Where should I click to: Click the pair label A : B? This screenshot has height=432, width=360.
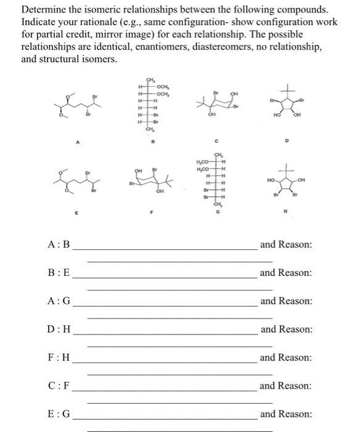(59, 245)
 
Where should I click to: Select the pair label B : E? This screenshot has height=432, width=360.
(59, 273)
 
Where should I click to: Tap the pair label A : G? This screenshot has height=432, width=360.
(59, 301)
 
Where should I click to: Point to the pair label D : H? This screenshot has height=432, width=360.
(59, 330)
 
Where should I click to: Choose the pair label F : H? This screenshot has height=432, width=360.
(59, 358)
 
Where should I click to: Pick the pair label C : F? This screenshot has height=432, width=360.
(59, 386)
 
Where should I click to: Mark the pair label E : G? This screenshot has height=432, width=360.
(59, 415)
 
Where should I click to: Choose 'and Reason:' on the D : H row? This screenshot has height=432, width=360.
(287, 330)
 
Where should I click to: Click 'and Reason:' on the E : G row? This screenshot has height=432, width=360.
(287, 415)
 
